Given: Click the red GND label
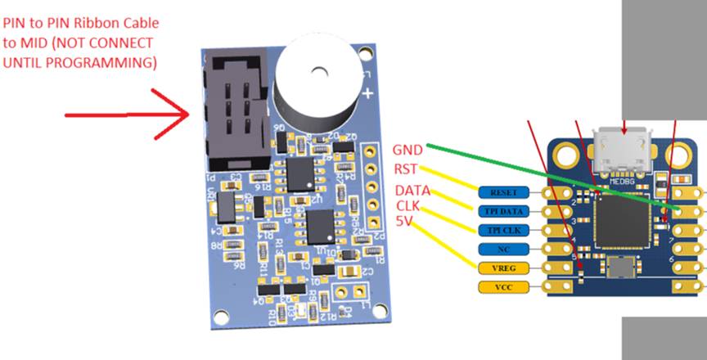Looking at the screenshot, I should pos(408,151).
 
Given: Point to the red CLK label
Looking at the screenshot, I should pos(412,205).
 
